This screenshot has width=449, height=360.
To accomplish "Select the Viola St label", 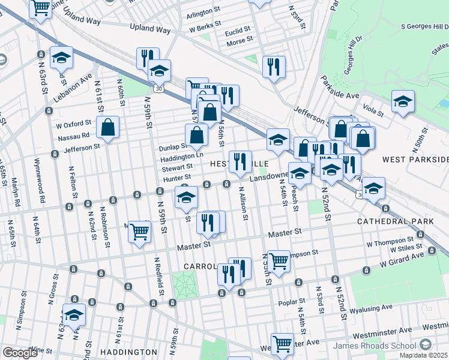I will pos(373,111).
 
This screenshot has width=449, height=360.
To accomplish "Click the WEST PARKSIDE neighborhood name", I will pos(415,159).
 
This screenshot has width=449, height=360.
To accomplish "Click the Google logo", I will pos(20,353).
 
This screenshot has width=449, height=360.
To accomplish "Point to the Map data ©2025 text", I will pos(423,355).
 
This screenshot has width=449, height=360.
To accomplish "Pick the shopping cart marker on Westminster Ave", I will pos(282,343).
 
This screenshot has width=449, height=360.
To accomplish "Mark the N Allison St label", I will pos(243,205).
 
